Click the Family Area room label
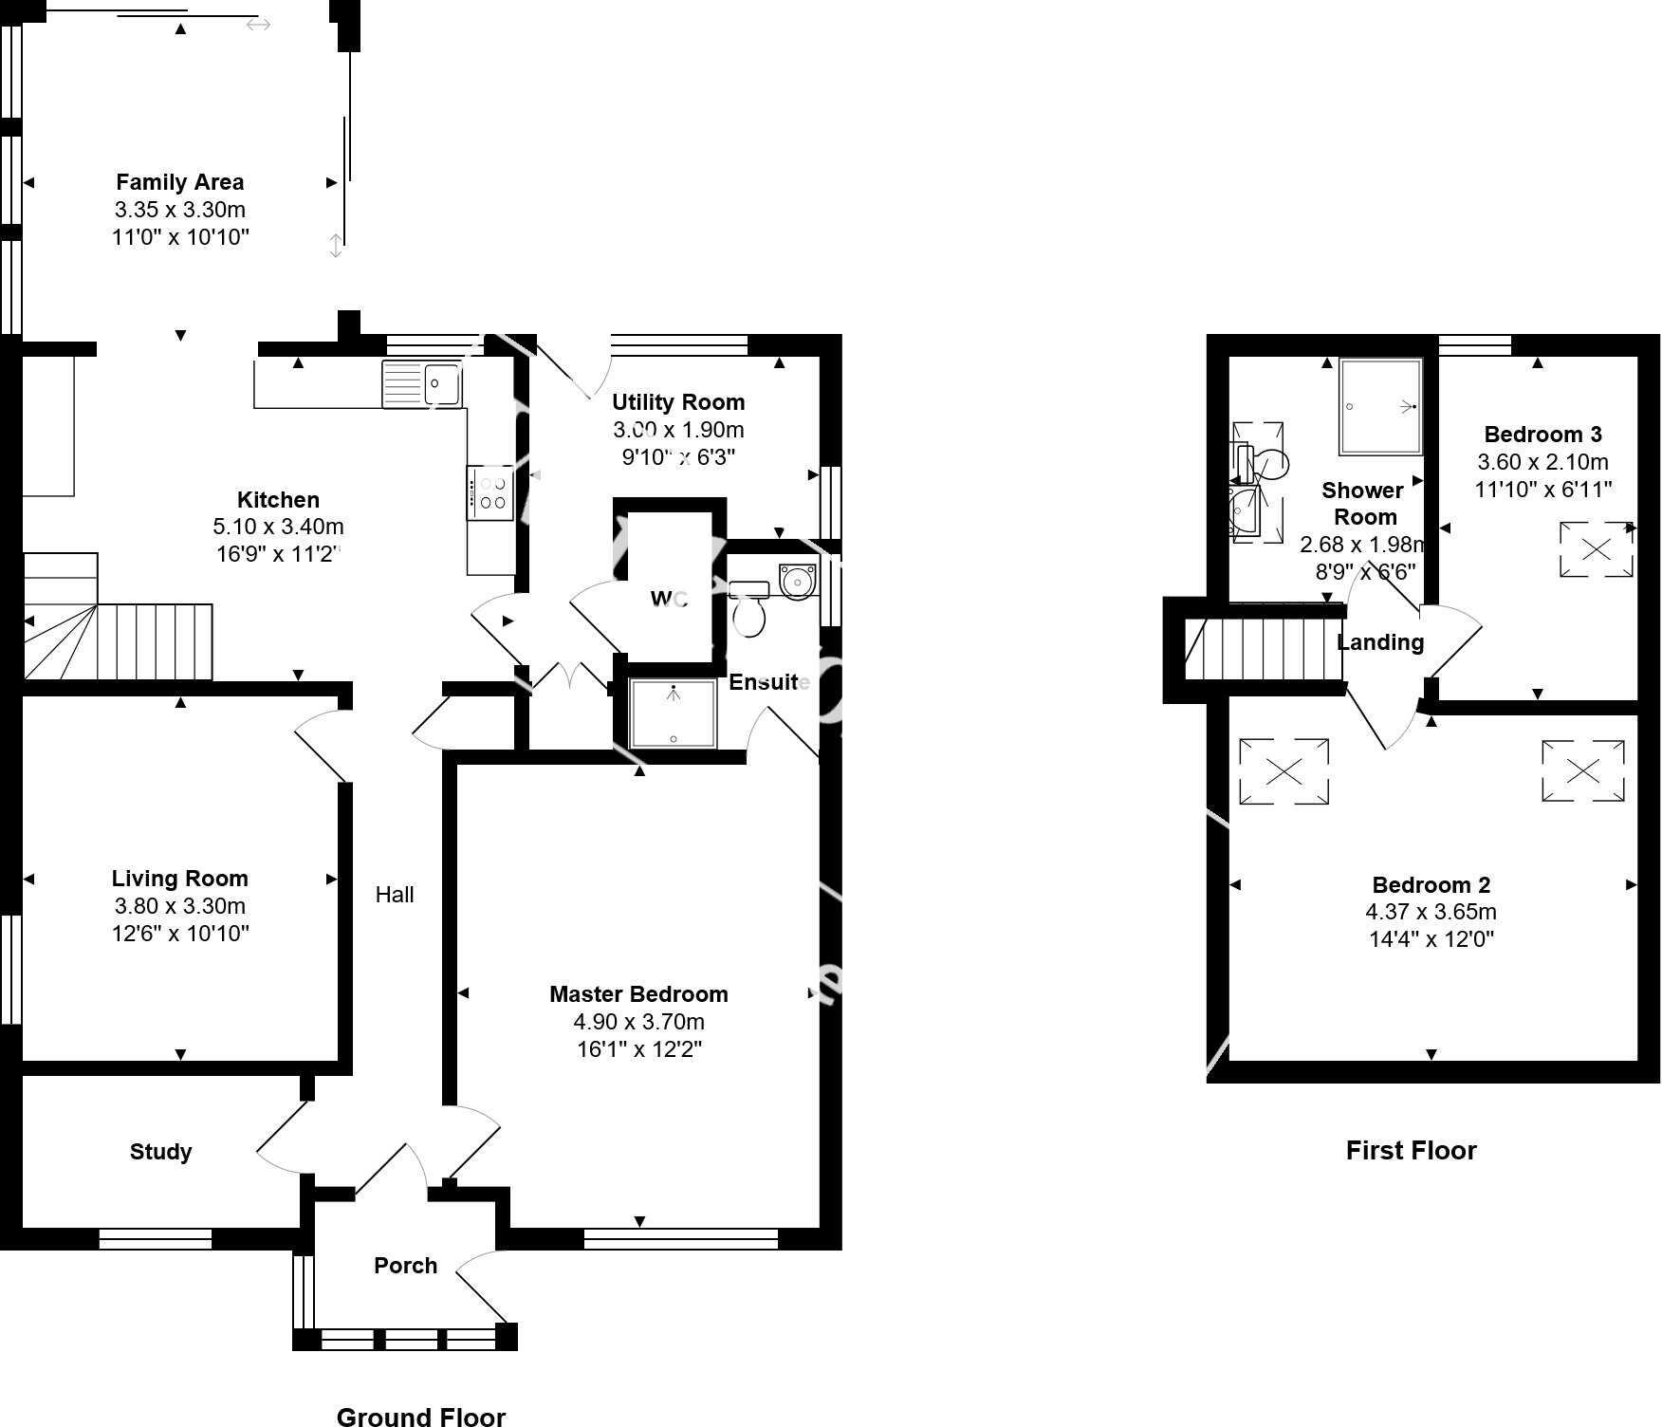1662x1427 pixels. click(x=179, y=182)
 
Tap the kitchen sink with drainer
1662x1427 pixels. click(x=422, y=384)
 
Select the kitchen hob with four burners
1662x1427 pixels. click(x=490, y=492)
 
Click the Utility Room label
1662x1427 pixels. click(x=677, y=402)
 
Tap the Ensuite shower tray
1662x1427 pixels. click(x=674, y=713)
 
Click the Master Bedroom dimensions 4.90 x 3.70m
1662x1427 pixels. click(x=638, y=1022)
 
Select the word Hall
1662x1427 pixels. click(x=395, y=895)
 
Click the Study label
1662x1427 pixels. click(x=160, y=1152)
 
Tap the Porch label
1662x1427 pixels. click(x=405, y=1266)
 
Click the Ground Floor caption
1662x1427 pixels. click(x=420, y=1417)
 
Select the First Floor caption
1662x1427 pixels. click(x=1411, y=1151)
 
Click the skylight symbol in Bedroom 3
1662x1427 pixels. click(x=1597, y=549)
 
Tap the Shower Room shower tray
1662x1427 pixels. click(x=1380, y=406)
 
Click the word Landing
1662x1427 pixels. click(x=1379, y=642)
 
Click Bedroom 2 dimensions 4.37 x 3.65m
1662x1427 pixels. click(x=1431, y=912)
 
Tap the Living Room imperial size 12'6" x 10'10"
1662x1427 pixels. click(x=180, y=934)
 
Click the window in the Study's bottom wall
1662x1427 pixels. click(x=156, y=1238)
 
